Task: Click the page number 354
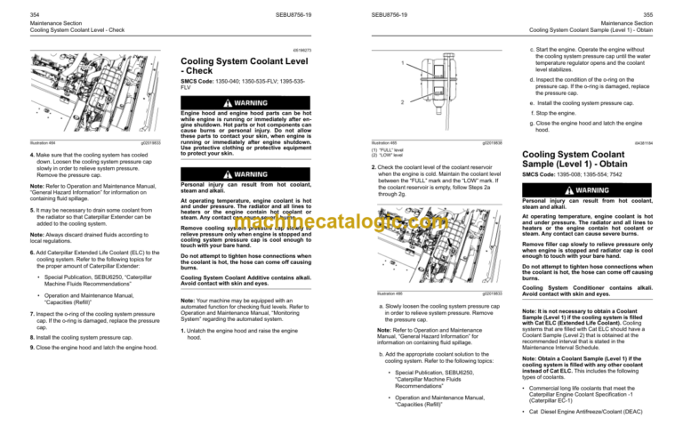coord(12,5)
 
